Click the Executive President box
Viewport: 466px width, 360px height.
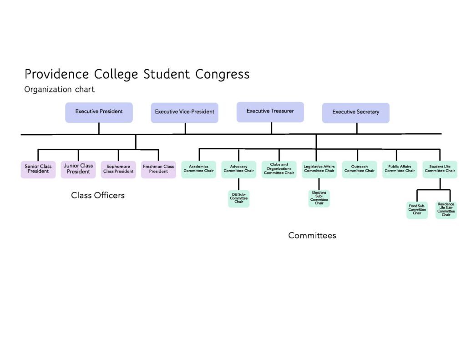point(99,112)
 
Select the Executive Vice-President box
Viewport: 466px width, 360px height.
point(184,112)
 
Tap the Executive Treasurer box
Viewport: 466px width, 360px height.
point(270,112)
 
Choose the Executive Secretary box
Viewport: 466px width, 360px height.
point(355,112)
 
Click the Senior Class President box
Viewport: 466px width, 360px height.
point(38,169)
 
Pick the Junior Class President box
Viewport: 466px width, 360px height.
point(78,169)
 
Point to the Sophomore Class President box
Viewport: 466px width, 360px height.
point(118,169)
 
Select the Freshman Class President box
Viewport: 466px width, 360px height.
point(158,169)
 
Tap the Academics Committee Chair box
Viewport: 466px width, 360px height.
point(198,169)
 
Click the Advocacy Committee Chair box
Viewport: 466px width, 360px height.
point(238,169)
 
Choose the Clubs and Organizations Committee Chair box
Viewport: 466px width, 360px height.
point(279,169)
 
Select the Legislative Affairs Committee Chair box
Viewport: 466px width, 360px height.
point(319,169)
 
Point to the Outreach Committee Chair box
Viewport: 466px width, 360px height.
point(359,169)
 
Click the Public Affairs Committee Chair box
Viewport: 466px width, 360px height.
point(399,169)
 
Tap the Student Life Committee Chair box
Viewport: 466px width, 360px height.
point(440,169)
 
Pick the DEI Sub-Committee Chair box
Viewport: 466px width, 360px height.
point(238,199)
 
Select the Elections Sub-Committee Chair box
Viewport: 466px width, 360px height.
point(319,198)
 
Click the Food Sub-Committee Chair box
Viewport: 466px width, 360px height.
point(417,210)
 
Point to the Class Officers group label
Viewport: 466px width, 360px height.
point(98,196)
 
